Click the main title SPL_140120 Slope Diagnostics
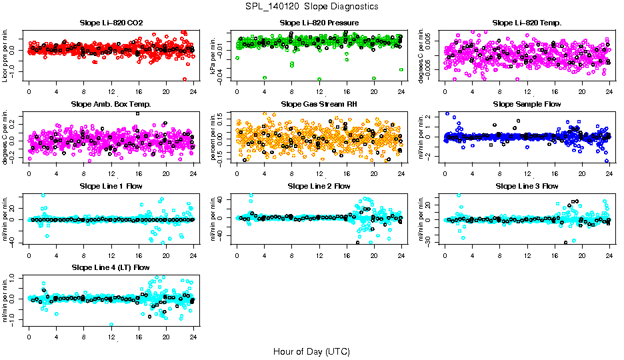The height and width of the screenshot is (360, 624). (311, 7)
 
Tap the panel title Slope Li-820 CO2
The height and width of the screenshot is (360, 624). (111, 23)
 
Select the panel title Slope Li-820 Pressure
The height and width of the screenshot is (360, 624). (319, 23)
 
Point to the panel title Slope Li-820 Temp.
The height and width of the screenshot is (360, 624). (527, 23)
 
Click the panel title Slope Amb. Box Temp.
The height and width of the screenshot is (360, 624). (111, 105)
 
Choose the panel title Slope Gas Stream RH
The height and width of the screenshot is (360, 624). (319, 105)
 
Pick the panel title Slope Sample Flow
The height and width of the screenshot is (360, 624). (527, 105)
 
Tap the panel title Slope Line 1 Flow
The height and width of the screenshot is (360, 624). (111, 186)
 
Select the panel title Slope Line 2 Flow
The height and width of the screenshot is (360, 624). (319, 186)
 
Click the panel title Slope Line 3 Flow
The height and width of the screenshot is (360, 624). (527, 186)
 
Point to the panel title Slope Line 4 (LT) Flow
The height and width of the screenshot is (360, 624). (111, 267)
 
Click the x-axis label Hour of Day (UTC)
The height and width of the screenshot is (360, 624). (311, 351)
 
